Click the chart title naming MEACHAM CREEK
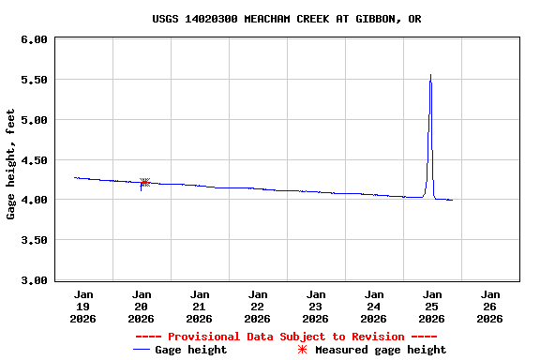[286, 19]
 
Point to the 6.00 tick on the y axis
[34, 39]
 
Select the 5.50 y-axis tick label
[34, 80]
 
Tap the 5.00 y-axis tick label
[34, 120]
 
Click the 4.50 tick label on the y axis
[34, 160]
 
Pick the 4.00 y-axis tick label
[34, 200]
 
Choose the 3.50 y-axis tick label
[34, 240]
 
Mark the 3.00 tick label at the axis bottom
[34, 280]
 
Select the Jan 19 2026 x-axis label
[82, 306]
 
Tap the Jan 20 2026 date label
[141, 306]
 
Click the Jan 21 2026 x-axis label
[199, 306]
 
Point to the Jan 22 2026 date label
[257, 306]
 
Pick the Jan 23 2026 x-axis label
[315, 306]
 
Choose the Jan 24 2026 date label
[373, 306]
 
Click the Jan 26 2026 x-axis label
[489, 306]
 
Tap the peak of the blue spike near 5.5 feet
[430, 75]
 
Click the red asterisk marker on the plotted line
[144, 183]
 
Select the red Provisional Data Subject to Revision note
[286, 337]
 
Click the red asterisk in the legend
[302, 350]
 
